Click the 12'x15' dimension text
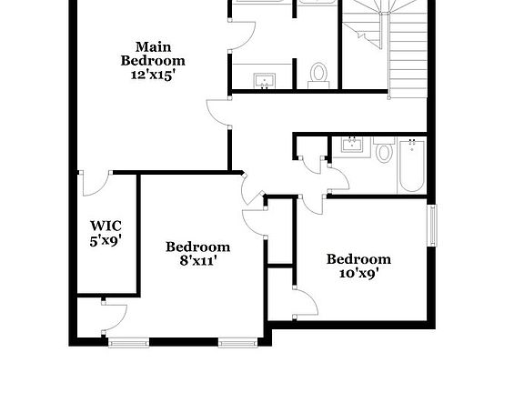click(153, 76)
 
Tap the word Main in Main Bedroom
click(153, 46)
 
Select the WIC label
click(106, 226)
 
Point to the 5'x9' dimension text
click(106, 241)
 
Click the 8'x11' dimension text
click(197, 261)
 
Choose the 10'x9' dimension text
click(358, 273)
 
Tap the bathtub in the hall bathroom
click(411, 166)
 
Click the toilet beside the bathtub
click(383, 151)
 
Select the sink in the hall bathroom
click(350, 145)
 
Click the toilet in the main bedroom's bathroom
click(318, 72)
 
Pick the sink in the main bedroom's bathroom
click(265, 80)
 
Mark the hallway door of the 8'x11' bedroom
click(252, 221)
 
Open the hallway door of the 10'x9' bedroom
click(312, 202)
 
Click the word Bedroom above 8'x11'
click(197, 247)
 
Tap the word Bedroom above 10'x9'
click(358, 259)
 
